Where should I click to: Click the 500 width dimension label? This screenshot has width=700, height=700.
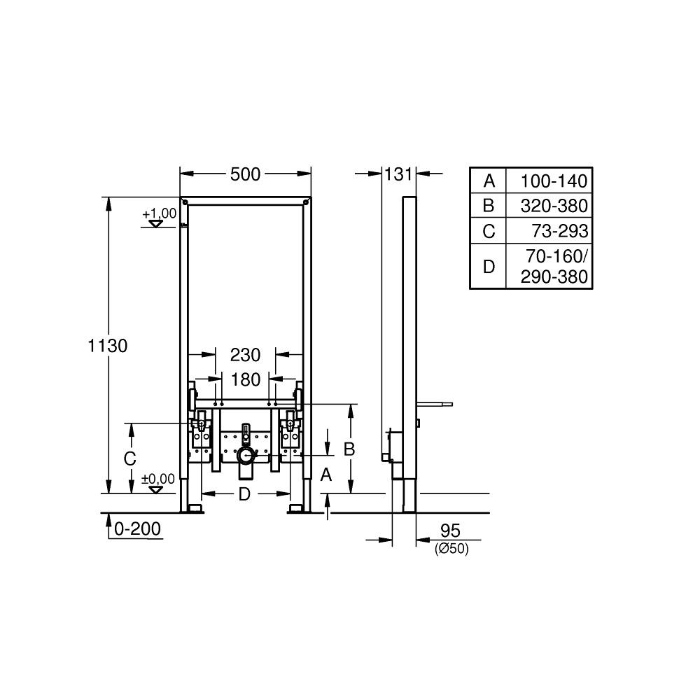click(246, 174)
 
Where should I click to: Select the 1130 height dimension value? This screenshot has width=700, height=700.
click(108, 345)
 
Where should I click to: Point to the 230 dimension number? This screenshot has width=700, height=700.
click(246, 355)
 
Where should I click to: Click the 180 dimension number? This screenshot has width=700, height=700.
click(246, 379)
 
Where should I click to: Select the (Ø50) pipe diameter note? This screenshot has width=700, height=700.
click(451, 549)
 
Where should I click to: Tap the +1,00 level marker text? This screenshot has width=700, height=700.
click(160, 213)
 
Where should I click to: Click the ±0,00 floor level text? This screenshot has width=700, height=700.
click(158, 479)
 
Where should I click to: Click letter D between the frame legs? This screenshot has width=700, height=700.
click(244, 494)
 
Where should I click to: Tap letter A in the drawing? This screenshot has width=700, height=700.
click(325, 475)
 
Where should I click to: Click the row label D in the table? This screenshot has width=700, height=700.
click(489, 267)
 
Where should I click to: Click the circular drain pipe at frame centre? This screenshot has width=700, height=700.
click(245, 456)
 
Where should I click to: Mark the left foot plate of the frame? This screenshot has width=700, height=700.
click(193, 506)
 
